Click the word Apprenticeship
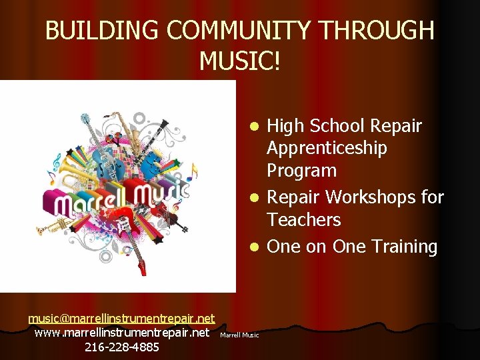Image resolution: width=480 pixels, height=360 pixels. (327, 148)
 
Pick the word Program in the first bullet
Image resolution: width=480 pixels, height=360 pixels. (301, 171)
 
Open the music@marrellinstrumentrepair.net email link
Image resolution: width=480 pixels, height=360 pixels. (121, 319)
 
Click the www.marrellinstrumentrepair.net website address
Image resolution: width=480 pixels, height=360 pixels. (121, 332)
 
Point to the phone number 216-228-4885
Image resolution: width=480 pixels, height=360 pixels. (122, 347)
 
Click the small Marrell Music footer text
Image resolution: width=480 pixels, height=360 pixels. (239, 335)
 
